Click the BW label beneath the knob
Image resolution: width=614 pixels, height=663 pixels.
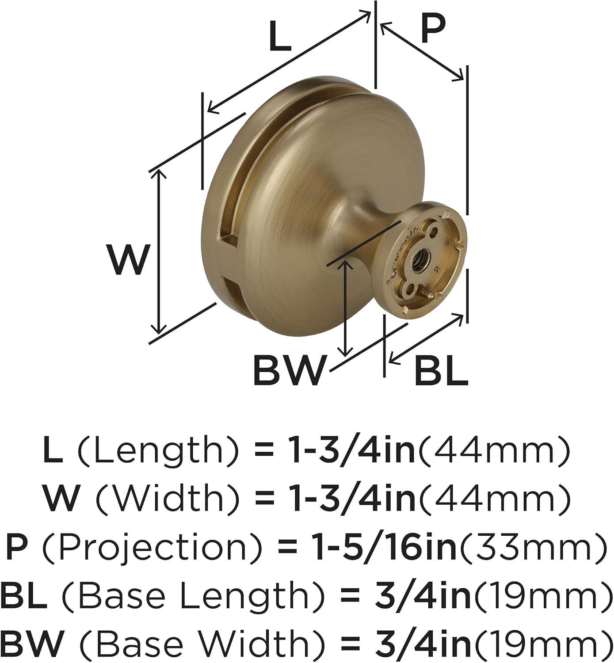click(x=289, y=370)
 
